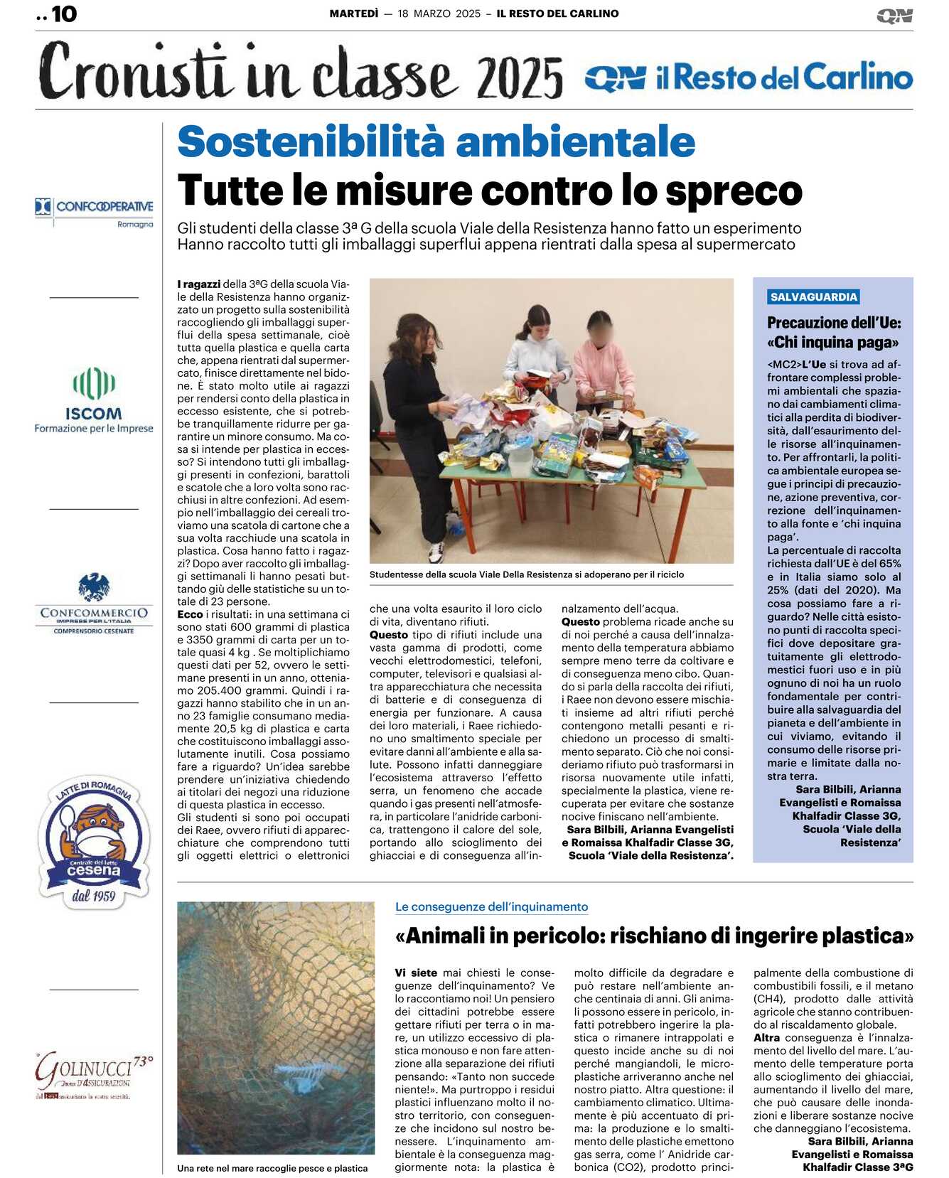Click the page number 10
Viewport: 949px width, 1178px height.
click(64, 14)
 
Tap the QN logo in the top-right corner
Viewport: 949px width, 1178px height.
click(894, 16)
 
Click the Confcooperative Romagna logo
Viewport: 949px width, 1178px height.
click(95, 212)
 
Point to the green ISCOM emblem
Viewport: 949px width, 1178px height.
click(94, 384)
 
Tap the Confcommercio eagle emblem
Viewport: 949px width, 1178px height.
click(94, 587)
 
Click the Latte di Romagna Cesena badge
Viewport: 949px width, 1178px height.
click(95, 842)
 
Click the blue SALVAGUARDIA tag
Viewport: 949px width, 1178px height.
click(814, 297)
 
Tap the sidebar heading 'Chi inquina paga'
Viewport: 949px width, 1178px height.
click(832, 342)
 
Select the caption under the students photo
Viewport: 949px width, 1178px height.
click(527, 574)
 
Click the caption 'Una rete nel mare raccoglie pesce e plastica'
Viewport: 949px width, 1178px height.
click(272, 1168)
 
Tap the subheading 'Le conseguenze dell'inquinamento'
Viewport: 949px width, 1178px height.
click(491, 906)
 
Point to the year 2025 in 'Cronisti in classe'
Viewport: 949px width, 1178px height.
click(520, 77)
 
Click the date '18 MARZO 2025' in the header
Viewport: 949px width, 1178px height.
click(439, 14)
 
